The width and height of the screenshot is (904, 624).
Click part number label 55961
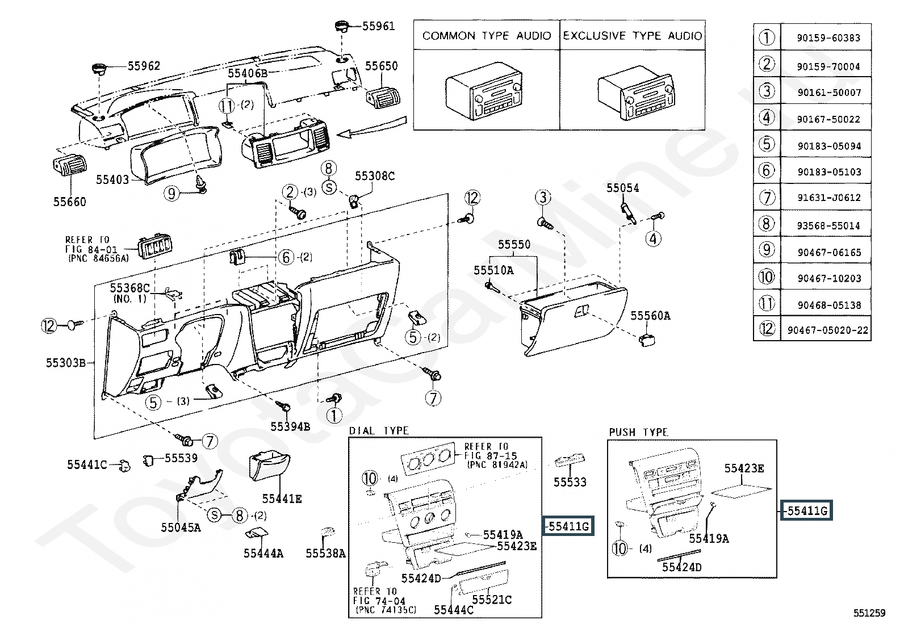pyautogui.click(x=378, y=26)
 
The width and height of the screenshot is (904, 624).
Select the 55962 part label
pyautogui.click(x=144, y=66)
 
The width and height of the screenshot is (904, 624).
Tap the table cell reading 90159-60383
pyautogui.click(x=828, y=38)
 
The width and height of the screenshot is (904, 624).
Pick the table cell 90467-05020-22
pyautogui.click(x=828, y=330)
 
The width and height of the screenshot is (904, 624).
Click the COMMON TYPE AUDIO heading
pyautogui.click(x=487, y=36)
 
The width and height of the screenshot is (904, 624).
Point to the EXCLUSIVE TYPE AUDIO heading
pyautogui.click(x=632, y=36)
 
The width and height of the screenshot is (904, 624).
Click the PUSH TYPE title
pyautogui.click(x=638, y=432)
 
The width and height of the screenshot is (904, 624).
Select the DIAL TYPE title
pyautogui.click(x=379, y=430)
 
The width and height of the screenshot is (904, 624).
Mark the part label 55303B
pyautogui.click(x=66, y=362)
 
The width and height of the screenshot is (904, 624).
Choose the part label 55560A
pyautogui.click(x=650, y=316)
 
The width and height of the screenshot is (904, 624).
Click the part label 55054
pyautogui.click(x=622, y=189)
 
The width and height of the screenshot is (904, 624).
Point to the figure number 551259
pyautogui.click(x=869, y=613)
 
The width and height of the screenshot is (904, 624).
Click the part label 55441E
pyautogui.click(x=282, y=499)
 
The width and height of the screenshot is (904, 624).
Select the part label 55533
pyautogui.click(x=570, y=482)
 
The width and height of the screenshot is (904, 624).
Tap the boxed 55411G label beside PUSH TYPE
pyautogui.click(x=807, y=511)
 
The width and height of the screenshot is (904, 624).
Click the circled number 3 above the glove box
pyautogui.click(x=543, y=198)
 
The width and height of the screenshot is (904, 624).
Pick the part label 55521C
pyautogui.click(x=492, y=599)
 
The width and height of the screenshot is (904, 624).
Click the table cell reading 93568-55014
pyautogui.click(x=828, y=225)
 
